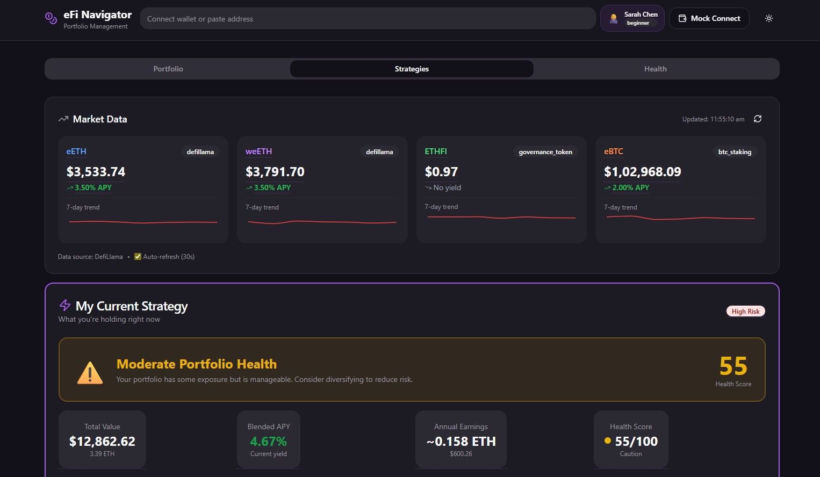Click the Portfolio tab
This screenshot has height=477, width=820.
click(168, 69)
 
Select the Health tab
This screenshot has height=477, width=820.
click(655, 69)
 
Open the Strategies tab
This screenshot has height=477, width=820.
click(412, 69)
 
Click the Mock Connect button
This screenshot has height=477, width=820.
click(709, 18)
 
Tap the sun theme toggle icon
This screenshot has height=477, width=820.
click(769, 18)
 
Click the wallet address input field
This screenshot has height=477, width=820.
click(368, 19)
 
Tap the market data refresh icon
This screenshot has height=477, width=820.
click(758, 119)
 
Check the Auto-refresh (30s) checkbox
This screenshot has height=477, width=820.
click(138, 257)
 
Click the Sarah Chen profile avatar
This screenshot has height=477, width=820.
click(614, 19)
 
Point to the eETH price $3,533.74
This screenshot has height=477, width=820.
click(96, 172)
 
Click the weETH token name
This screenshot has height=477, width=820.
click(258, 151)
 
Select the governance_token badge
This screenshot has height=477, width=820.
click(545, 152)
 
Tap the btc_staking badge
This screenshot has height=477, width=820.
click(735, 152)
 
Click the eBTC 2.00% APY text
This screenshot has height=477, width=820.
click(630, 187)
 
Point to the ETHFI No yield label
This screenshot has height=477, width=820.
click(447, 187)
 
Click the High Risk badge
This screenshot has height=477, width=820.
click(745, 312)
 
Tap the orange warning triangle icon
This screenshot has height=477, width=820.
click(90, 372)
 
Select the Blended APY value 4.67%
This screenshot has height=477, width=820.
click(268, 442)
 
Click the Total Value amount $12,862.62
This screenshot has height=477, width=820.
click(102, 442)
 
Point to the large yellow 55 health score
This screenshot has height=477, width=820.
click(733, 366)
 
